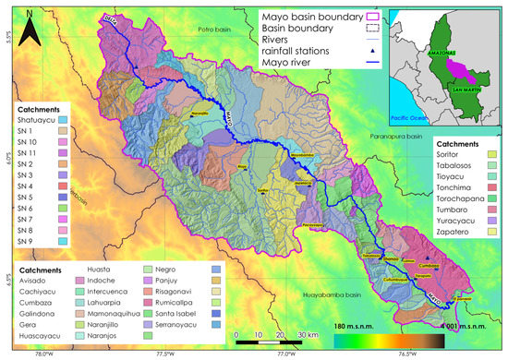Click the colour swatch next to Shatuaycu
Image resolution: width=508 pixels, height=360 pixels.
point(63,120)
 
